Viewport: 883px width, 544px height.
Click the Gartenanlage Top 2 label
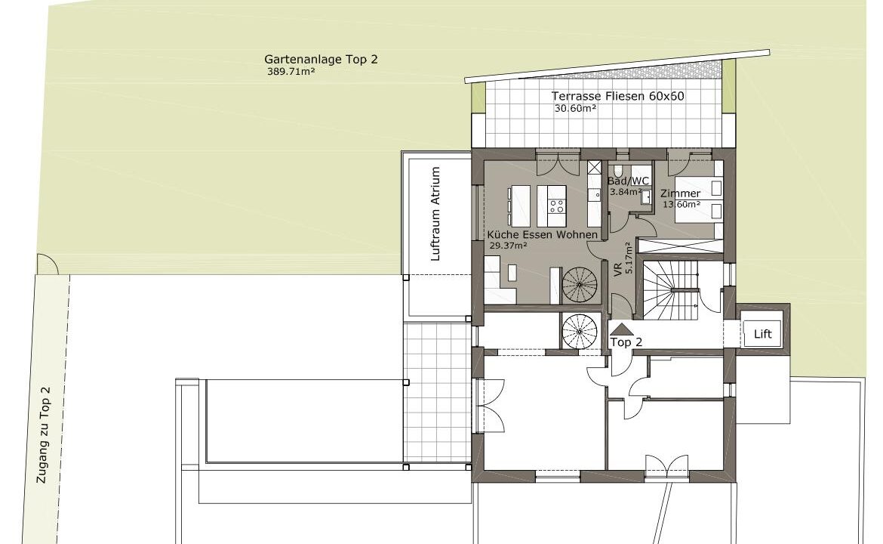tap(321, 59)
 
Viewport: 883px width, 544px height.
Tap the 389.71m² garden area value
tap(291, 72)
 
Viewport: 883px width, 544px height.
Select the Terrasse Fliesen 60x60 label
tap(618, 97)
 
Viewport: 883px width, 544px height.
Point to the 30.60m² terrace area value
tap(576, 109)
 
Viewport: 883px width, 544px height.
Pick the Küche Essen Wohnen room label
tap(543, 234)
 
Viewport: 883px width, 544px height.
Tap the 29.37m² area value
tap(509, 246)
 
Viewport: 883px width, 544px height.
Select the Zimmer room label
tap(680, 193)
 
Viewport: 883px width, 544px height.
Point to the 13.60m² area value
tap(681, 204)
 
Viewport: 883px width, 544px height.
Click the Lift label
tap(763, 334)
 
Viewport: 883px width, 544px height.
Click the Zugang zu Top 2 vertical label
tap(43, 434)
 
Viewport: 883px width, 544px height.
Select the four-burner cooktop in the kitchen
tap(557, 206)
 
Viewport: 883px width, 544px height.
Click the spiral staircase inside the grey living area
tap(580, 284)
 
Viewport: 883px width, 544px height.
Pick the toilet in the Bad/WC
tap(618, 170)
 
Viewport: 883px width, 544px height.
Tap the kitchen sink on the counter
tap(594, 194)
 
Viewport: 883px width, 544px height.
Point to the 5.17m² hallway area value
tap(629, 258)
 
